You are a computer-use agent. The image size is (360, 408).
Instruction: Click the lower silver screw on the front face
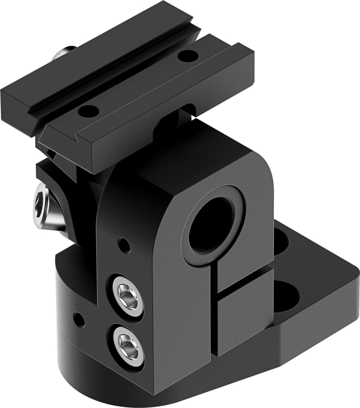pyautogui.click(x=128, y=345)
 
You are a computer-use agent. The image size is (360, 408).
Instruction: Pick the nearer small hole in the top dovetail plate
pyautogui.click(x=89, y=111)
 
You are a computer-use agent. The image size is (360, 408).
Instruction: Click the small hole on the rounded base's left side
pyautogui.click(x=79, y=319)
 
